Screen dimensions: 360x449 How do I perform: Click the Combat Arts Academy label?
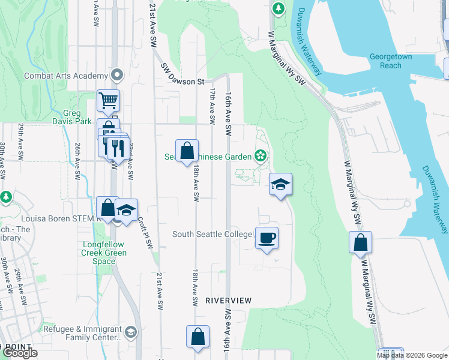coord(65,76)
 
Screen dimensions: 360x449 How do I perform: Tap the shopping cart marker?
coord(108,100)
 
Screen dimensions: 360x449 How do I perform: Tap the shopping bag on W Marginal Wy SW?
coord(360,242)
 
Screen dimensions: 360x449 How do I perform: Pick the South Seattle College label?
coord(212,234)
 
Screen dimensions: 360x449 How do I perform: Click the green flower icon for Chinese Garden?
coord(260,157)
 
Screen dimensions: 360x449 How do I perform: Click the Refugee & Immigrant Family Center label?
coord(82,333)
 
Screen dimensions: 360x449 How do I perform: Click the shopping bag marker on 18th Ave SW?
coord(187,150)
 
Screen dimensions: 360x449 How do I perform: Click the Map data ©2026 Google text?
coord(412,355)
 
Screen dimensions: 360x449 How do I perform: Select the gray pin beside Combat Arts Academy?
coord(117,76)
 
